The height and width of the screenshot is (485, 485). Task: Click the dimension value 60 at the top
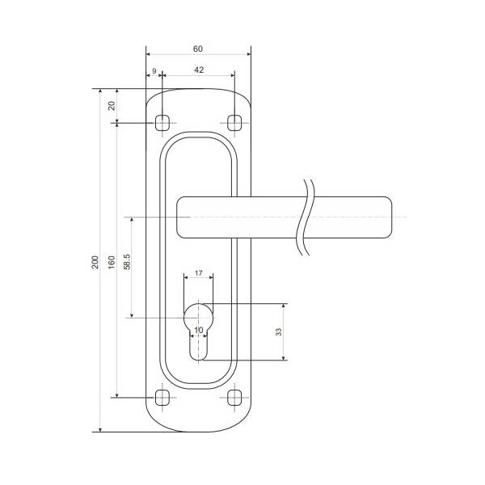(198, 48)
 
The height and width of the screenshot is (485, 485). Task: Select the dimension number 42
(199, 70)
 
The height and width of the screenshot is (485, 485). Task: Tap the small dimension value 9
(154, 71)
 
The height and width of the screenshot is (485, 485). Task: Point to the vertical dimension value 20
(112, 106)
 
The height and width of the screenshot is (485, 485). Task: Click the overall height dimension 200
(95, 262)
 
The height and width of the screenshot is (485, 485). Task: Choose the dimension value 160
(112, 262)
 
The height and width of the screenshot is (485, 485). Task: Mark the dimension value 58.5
(127, 262)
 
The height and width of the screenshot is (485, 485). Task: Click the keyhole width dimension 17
(198, 273)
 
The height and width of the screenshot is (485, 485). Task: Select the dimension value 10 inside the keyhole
(199, 330)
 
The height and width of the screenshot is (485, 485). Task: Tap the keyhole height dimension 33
(279, 332)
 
